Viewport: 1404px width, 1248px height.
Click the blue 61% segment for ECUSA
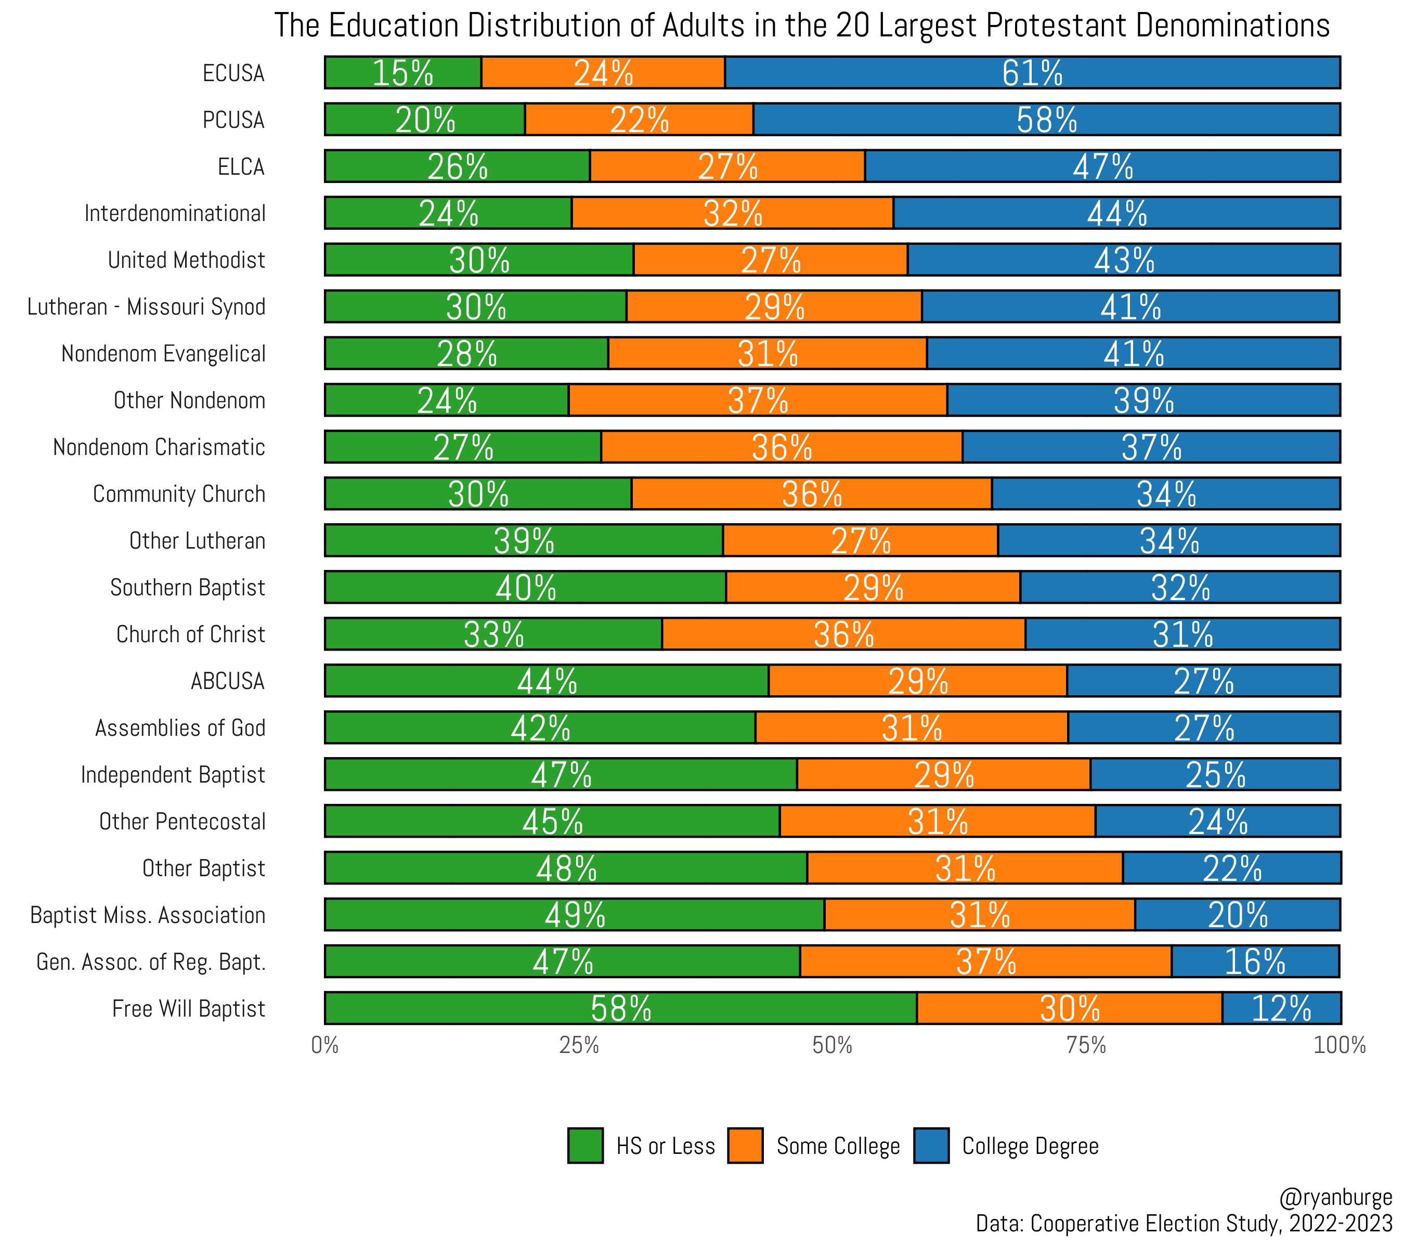point(1032,73)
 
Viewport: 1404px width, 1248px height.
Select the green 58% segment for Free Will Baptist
point(620,1008)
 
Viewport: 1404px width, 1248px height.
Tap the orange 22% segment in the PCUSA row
point(639,120)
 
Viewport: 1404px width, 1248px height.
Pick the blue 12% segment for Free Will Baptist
point(1281,1008)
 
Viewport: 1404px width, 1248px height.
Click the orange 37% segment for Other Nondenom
point(758,400)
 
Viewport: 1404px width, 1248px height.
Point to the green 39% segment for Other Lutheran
point(524,540)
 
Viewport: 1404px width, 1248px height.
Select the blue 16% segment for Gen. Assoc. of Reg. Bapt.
point(1255,961)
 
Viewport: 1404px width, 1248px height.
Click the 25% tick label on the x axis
point(578,1045)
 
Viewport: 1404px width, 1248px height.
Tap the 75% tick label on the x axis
point(1086,1045)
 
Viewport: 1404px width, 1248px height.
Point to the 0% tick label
point(325,1045)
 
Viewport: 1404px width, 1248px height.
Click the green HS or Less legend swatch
point(585,1146)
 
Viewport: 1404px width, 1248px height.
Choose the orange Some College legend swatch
point(745,1146)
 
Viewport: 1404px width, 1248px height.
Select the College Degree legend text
point(1030,1146)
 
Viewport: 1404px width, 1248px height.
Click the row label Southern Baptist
point(188,587)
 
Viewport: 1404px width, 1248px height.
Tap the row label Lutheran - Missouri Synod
point(146,306)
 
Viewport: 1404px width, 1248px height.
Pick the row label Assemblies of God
point(180,727)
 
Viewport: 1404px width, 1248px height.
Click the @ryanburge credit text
point(1335,1197)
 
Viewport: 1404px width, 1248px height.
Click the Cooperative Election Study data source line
point(1184,1223)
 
